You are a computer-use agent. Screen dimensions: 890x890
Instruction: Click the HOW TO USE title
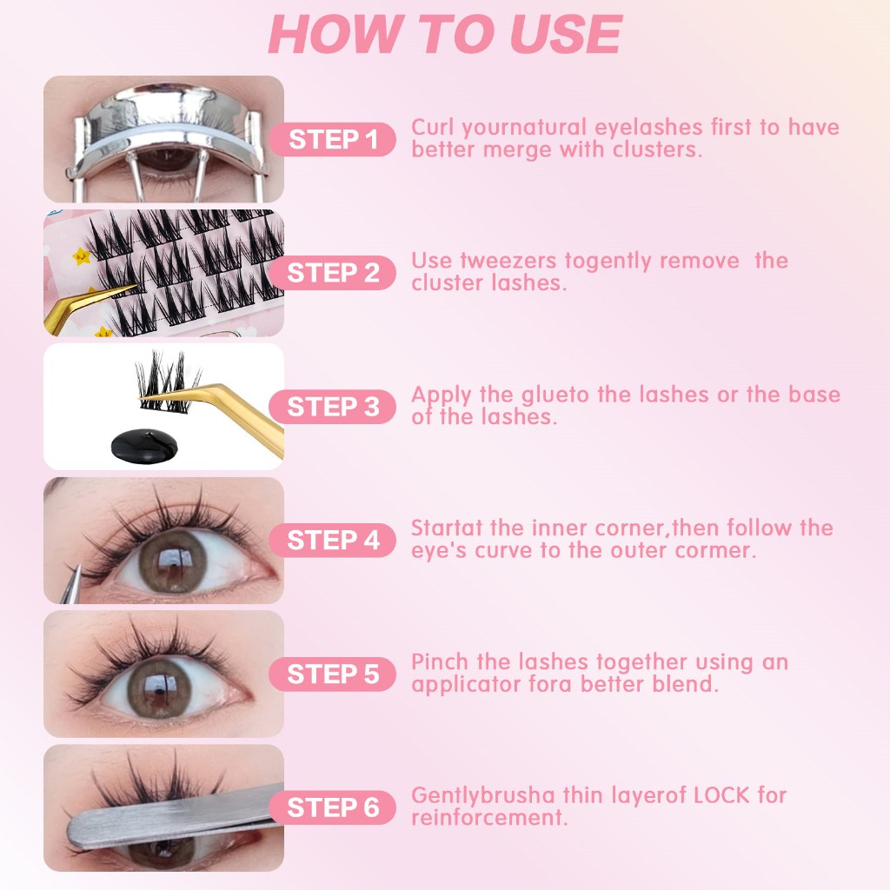(x=445, y=34)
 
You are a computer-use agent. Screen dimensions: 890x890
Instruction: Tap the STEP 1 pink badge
(x=333, y=139)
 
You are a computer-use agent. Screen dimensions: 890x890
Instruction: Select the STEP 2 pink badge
(x=333, y=273)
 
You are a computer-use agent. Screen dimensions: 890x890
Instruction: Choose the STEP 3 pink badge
(x=333, y=407)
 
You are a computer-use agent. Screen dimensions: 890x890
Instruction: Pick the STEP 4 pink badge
(x=333, y=540)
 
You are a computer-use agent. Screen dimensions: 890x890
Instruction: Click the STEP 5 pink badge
(x=333, y=674)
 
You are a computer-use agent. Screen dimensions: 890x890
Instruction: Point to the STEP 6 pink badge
(x=333, y=807)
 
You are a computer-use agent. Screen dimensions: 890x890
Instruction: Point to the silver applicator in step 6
(x=170, y=817)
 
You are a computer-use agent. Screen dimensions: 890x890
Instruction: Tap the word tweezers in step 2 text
(x=508, y=261)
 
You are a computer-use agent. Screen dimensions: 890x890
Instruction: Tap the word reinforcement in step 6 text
(x=489, y=818)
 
